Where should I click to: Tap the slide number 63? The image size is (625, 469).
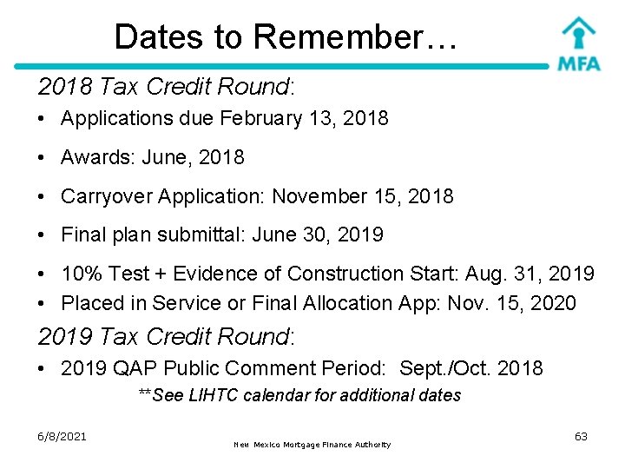click(581, 436)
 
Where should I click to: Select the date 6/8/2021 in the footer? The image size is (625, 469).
click(62, 436)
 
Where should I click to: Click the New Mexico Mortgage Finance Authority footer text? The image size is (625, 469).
click(312, 445)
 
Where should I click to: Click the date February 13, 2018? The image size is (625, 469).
click(305, 118)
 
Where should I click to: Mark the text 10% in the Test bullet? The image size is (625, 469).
click(82, 274)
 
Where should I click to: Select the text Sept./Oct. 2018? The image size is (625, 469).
click(471, 368)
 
